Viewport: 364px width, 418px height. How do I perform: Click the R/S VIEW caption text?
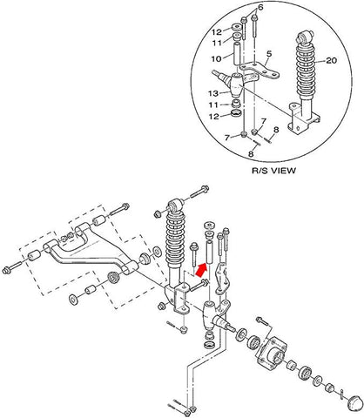[x=272, y=171]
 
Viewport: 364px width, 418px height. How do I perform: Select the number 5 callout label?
[x=269, y=53]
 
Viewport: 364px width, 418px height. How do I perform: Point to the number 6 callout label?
[x=260, y=7]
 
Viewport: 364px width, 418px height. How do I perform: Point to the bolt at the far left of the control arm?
[x=11, y=264]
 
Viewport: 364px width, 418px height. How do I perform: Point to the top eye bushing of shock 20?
[x=305, y=39]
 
